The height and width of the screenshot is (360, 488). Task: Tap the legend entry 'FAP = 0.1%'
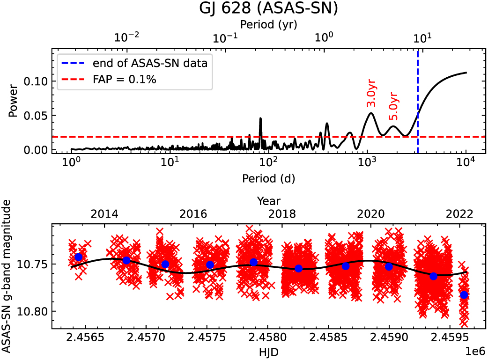point(124,80)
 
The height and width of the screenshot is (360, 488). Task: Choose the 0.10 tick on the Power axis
point(39,81)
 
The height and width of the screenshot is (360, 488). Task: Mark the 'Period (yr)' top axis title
point(268,23)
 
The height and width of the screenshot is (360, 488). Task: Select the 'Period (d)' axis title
point(268,178)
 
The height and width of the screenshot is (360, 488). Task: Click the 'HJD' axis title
point(268,351)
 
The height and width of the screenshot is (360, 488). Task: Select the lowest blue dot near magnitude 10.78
point(464,295)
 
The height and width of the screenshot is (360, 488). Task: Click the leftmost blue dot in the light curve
point(78,257)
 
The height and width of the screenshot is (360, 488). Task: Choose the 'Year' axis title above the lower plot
point(268,201)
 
